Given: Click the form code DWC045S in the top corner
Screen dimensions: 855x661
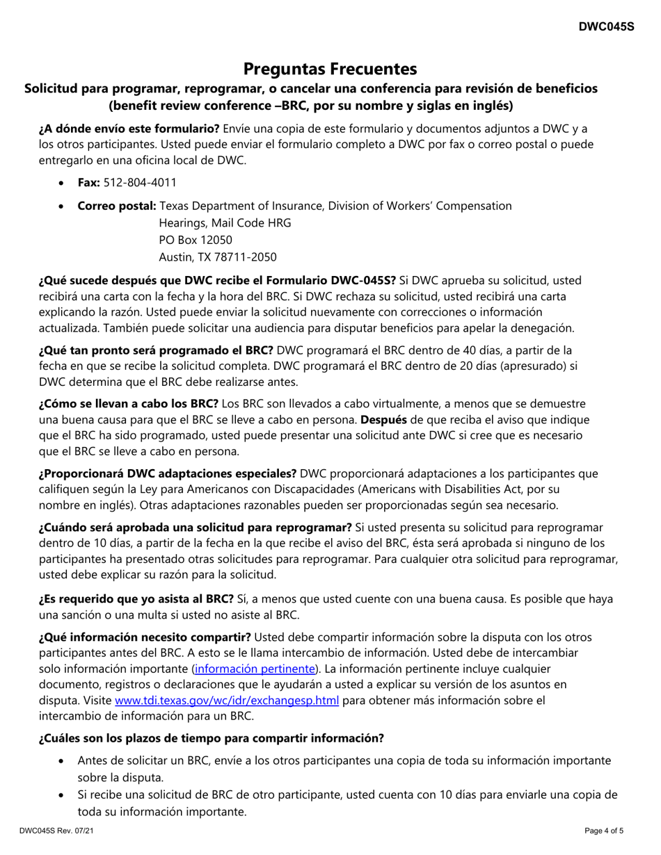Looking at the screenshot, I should coord(607,27).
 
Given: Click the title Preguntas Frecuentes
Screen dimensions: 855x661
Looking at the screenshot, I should coord(330,69).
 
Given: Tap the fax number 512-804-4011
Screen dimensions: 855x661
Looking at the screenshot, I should coord(140,182).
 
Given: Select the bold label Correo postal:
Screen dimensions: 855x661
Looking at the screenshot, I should coord(117,206).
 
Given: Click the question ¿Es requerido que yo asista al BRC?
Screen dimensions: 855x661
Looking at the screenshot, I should coord(136,598).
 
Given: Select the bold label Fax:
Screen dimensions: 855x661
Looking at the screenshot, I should coord(88,182).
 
